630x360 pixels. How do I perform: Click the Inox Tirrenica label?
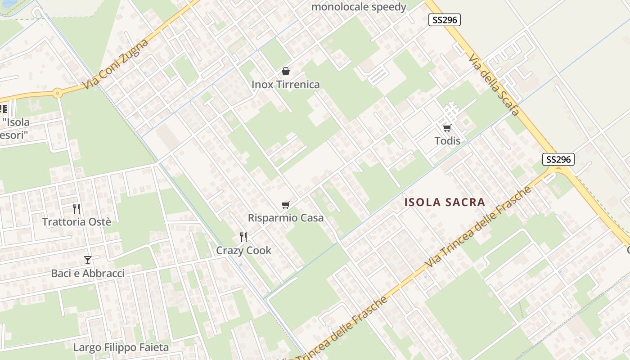point(285,85)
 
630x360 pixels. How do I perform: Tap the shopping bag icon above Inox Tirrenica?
point(285,71)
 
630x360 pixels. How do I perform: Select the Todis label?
point(447,141)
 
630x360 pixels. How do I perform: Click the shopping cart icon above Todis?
point(447,128)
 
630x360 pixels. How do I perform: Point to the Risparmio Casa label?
point(286,218)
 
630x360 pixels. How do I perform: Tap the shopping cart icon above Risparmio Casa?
point(285,205)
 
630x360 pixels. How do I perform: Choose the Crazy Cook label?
point(243,250)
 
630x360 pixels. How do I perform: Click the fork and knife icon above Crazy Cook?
point(243,237)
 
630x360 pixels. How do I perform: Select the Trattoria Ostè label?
point(76,221)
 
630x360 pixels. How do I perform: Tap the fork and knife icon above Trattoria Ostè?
point(76,208)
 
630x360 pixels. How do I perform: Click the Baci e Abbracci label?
point(88,273)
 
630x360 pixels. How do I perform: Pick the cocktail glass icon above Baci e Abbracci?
point(88,260)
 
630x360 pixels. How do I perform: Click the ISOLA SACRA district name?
point(445,202)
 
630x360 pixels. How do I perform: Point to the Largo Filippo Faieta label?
point(121,347)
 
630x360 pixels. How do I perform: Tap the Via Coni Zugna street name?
point(116,64)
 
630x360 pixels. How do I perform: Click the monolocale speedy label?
point(359,7)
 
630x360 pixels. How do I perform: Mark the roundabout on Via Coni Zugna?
point(57,94)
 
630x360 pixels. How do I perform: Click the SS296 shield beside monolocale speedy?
point(444,20)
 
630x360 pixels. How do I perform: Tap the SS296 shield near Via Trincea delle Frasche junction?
point(558,159)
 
